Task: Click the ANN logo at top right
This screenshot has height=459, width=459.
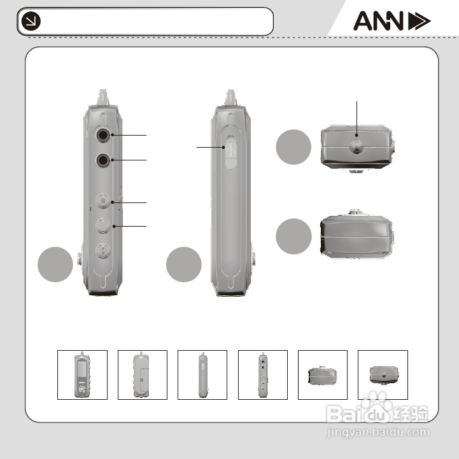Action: (x=392, y=22)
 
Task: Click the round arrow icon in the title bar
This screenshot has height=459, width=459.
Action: (x=30, y=22)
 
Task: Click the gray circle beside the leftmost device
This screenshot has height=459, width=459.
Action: (x=55, y=264)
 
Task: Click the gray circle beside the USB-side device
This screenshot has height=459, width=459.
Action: (x=184, y=264)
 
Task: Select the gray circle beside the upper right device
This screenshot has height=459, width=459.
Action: (x=293, y=147)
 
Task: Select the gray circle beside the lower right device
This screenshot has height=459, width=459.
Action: (x=293, y=236)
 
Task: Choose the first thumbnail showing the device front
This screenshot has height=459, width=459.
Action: (x=82, y=375)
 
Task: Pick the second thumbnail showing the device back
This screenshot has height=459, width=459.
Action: (x=143, y=375)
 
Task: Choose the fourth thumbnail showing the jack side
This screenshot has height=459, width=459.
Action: (x=262, y=375)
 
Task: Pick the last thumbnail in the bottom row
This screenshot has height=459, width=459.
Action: (x=383, y=375)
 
